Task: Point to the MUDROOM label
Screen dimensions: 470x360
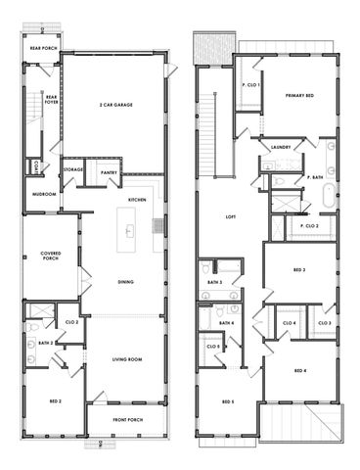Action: point(43,194)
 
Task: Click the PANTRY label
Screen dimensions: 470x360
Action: point(109,172)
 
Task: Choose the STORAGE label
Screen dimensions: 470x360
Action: point(73,169)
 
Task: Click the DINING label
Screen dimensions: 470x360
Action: point(126,283)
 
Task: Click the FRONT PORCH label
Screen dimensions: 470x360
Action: point(126,421)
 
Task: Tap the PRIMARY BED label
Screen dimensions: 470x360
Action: point(298,95)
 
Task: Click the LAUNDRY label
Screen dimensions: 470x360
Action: point(281,147)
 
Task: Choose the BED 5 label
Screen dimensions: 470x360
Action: point(228,401)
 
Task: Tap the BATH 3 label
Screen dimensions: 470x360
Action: point(214,282)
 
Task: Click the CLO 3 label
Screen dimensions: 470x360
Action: point(324,322)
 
